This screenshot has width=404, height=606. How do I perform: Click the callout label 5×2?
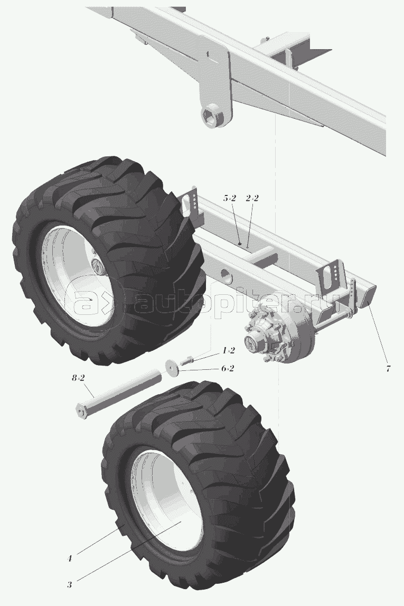point(229,198)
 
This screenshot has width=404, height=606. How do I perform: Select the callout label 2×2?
point(252,198)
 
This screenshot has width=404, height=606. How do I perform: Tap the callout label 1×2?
point(228,350)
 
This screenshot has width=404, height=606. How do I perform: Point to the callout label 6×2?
point(228,368)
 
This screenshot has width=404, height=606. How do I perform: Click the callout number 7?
point(388,368)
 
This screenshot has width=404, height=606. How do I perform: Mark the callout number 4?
point(70,558)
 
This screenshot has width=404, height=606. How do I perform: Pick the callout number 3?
point(70,584)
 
